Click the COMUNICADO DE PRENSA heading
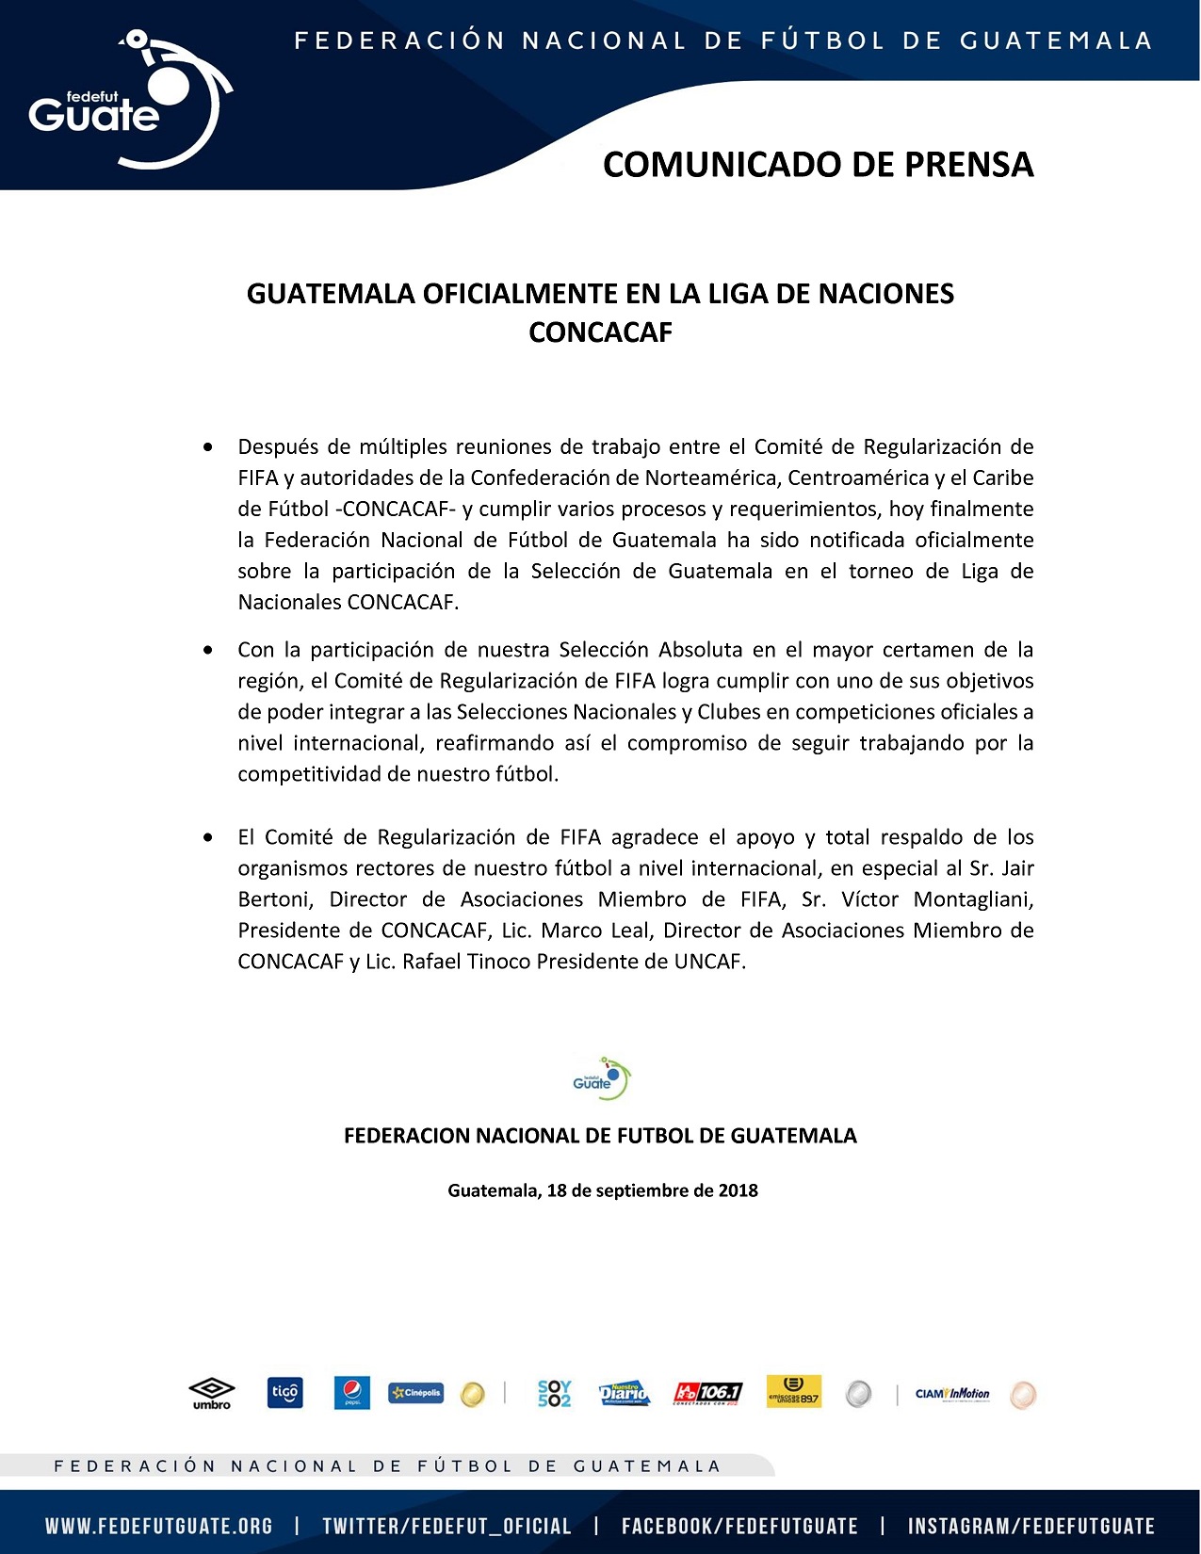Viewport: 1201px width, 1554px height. coord(818,164)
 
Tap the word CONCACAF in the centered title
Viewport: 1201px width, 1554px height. coord(600,332)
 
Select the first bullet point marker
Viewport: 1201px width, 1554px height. coord(208,446)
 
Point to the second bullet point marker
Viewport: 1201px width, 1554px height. coord(208,650)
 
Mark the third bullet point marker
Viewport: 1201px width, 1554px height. coord(208,837)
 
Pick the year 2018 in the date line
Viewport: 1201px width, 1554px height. coord(738,1190)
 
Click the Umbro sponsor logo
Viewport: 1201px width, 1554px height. coord(212,1393)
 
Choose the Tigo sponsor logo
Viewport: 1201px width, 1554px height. coord(284,1393)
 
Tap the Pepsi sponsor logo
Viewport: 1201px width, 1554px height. coord(351,1393)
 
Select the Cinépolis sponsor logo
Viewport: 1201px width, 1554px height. coord(415,1393)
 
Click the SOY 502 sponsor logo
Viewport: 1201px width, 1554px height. coord(554,1393)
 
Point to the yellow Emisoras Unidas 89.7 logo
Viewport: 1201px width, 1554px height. coord(793,1393)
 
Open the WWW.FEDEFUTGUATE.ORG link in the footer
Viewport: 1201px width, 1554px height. coord(158,1527)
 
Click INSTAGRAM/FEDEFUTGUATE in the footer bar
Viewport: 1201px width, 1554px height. coord(1031,1527)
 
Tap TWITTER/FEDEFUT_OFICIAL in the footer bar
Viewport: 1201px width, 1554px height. coord(446,1527)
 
